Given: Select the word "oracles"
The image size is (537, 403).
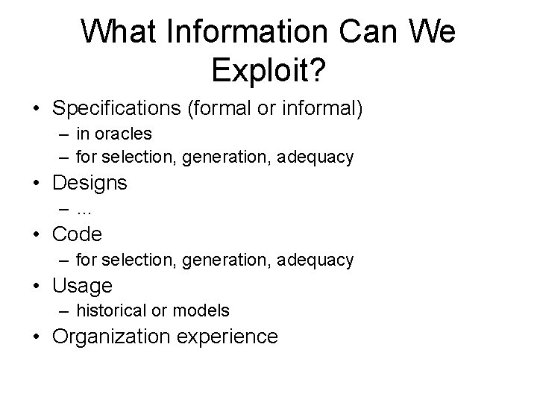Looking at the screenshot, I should point(124,134).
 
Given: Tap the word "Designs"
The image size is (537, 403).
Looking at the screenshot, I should point(89,182).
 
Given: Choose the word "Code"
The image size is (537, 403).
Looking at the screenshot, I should point(77,234).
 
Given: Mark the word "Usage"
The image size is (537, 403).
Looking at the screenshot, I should point(82,285).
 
